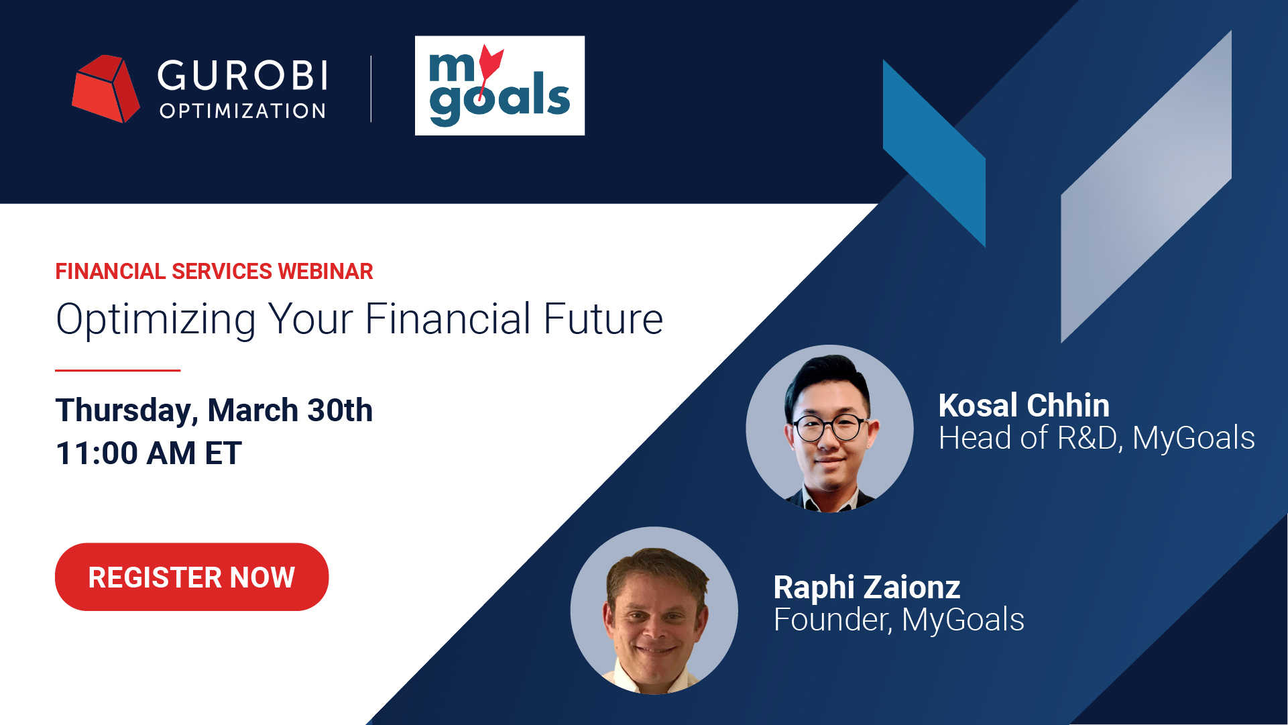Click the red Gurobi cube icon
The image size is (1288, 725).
105,89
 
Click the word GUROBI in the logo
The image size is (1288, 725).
243,75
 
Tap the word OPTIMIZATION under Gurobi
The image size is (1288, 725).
243,111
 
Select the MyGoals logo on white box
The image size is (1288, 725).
500,86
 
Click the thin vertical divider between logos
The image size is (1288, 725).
371,89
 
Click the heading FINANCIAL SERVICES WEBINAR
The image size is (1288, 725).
214,272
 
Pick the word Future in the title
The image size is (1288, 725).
603,319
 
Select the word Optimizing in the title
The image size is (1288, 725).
156,319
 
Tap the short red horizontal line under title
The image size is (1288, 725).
117,370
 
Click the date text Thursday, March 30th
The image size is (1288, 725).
214,410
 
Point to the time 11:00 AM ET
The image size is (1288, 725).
148,453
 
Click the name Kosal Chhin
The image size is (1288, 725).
1023,406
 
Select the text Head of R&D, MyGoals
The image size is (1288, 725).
1096,439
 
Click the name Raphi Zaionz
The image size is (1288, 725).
866,588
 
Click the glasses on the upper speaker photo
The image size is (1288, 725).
829,427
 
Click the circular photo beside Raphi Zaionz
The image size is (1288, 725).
654,610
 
